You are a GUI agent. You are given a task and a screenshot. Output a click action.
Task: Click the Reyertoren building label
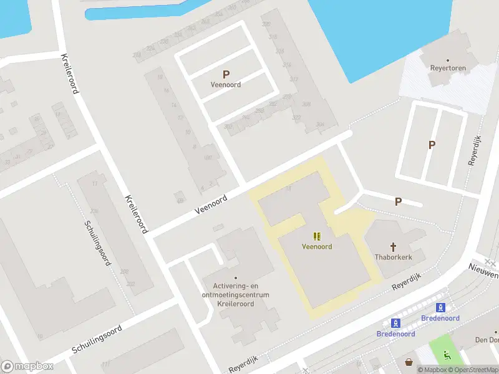448,69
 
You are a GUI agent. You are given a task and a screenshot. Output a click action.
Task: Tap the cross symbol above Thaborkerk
394,246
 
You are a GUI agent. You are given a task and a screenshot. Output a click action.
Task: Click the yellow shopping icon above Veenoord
317,236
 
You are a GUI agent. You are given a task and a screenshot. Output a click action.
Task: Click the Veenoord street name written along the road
211,204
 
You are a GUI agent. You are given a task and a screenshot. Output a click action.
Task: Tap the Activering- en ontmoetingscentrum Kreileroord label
236,294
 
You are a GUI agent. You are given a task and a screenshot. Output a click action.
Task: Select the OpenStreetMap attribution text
473,370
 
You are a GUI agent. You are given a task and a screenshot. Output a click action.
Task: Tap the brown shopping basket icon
409,362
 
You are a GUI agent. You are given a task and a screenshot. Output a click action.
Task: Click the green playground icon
447,356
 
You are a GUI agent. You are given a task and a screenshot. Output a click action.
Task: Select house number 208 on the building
124,272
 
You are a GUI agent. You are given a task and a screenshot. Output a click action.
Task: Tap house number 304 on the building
321,124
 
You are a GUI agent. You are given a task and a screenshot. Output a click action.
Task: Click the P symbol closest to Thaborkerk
398,201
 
